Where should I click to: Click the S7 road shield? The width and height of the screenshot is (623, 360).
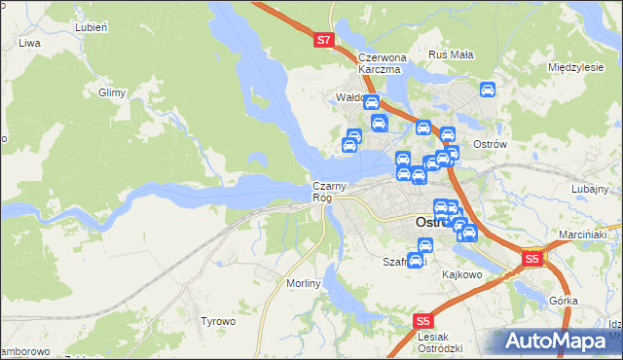point(325,41)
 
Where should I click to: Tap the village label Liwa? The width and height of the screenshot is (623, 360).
point(30,44)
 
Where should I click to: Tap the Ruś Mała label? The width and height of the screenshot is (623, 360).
point(451,54)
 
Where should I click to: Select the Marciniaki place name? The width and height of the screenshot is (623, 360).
point(583,234)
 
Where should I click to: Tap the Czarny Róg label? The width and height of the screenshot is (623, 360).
point(325,192)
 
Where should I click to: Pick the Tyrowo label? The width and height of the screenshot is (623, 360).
point(218,321)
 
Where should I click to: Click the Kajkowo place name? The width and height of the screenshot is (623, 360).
point(463,274)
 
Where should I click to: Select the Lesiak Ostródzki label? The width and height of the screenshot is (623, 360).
point(439,342)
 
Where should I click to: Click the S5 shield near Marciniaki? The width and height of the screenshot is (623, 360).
point(531,259)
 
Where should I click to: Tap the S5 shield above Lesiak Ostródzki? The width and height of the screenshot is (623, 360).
point(422,320)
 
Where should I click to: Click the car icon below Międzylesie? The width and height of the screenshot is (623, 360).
point(489,90)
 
